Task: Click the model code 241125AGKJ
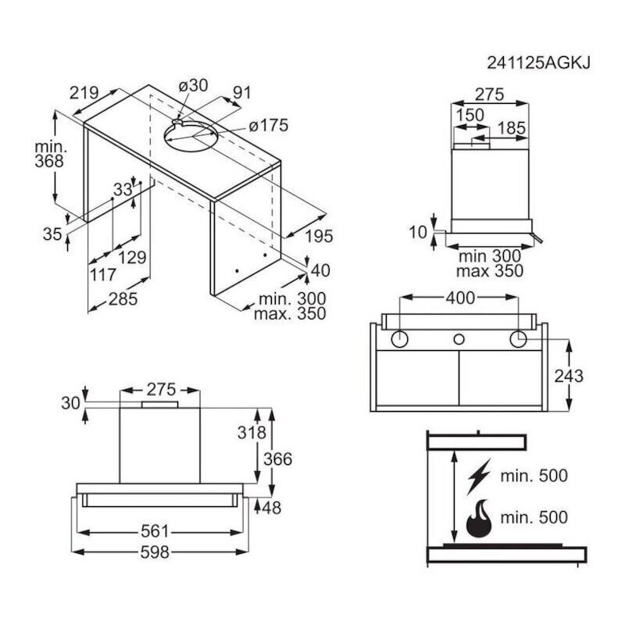538,63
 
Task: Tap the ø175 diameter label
268,126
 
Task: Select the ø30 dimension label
193,85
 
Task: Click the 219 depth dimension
84,93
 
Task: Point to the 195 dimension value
319,237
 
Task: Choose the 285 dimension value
123,299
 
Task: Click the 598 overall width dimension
155,552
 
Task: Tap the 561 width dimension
155,531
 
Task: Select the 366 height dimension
278,459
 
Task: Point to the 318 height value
252,433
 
